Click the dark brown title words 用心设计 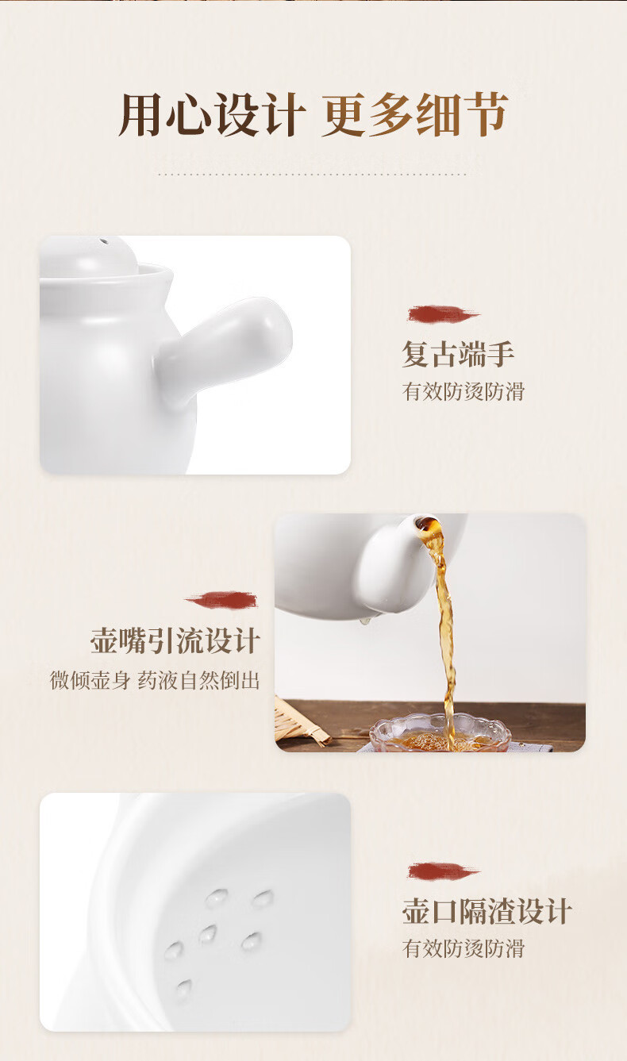click(x=211, y=114)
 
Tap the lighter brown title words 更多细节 click(x=415, y=114)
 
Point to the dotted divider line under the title click(x=313, y=175)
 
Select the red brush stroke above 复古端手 click(x=443, y=314)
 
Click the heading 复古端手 click(x=458, y=354)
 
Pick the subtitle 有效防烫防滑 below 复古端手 click(x=464, y=391)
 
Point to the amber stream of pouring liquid click(x=444, y=630)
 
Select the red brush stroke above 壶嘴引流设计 click(x=221, y=600)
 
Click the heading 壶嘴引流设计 click(x=175, y=640)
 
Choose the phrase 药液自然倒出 click(x=199, y=681)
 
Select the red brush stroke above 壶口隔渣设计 click(x=443, y=871)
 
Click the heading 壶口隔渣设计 click(x=487, y=911)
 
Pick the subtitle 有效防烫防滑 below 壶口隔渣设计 click(x=464, y=948)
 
